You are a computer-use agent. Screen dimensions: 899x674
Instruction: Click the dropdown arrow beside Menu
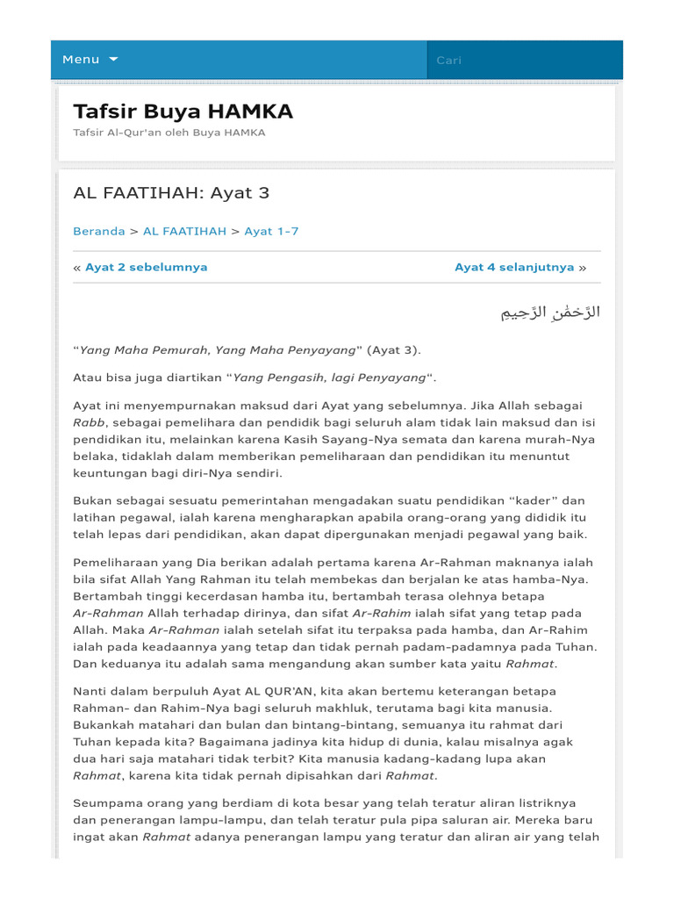point(113,60)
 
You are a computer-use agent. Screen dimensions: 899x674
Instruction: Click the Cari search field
point(524,61)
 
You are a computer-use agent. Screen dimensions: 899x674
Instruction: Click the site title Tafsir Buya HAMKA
point(183,111)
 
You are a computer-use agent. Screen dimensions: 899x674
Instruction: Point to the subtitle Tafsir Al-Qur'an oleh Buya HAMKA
point(168,133)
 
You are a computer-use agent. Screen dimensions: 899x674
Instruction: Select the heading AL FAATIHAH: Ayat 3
point(164,193)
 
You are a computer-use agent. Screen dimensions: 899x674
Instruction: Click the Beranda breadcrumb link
point(98,232)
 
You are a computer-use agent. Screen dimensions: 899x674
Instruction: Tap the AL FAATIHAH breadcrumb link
point(184,232)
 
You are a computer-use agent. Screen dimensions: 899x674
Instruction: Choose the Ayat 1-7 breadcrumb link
point(271,232)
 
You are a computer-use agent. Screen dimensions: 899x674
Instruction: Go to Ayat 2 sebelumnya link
point(146,268)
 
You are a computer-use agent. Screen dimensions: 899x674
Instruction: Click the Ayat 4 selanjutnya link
point(514,268)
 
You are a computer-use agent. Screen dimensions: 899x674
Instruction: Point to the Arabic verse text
point(550,313)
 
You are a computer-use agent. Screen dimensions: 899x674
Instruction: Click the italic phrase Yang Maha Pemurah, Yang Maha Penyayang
point(218,350)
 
